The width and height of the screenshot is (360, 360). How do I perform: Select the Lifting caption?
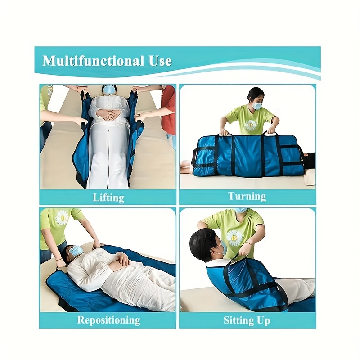(108, 198)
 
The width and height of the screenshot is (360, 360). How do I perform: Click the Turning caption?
(247, 196)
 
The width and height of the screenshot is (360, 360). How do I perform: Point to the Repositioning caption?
(108, 320)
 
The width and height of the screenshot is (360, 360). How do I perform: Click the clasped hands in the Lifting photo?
(108, 114)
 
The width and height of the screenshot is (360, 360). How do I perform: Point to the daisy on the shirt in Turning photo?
(251, 126)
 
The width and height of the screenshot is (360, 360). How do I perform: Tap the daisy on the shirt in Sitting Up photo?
(234, 238)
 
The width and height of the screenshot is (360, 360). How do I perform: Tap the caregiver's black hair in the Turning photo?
(255, 93)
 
